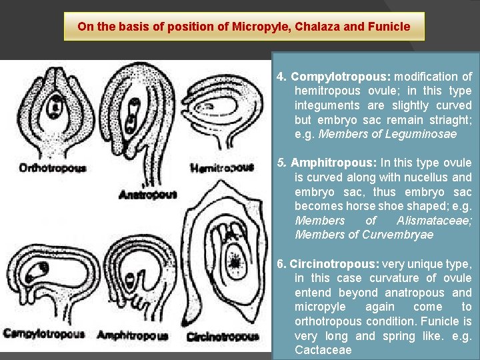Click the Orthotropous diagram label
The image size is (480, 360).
coord(53,168)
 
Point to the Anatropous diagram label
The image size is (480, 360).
coord(147,194)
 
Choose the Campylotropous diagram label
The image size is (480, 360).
coord(44,333)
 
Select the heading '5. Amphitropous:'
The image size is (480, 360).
coord(328,163)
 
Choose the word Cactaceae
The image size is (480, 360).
coord(323,351)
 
